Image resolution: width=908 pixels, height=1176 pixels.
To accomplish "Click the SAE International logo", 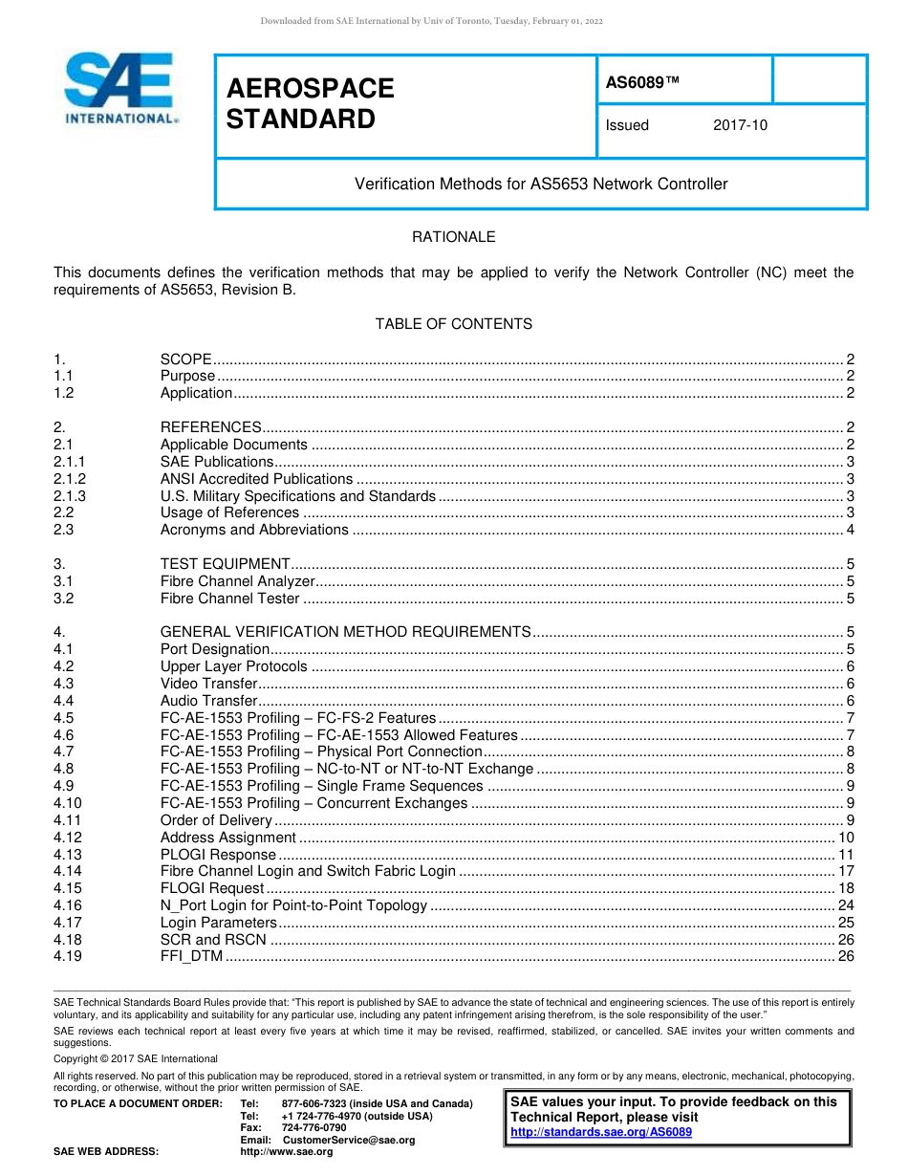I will tap(119, 88).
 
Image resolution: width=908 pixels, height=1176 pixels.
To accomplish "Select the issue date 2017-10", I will tap(740, 125).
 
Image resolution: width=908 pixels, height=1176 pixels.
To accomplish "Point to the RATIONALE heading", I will tap(453, 237).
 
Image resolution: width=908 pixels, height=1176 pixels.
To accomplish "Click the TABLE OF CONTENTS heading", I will tap(453, 324).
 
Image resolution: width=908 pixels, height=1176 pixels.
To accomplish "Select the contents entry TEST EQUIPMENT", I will tap(225, 564).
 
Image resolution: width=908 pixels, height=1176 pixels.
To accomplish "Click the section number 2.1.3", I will tap(70, 495).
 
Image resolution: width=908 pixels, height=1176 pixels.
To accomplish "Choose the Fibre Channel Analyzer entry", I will tap(237, 581).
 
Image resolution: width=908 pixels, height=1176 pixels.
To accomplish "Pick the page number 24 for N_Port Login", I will tap(845, 905).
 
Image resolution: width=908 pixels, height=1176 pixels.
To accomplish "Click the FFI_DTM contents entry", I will tap(191, 956).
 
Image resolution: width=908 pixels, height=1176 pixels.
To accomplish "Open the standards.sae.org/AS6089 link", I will tap(601, 1132).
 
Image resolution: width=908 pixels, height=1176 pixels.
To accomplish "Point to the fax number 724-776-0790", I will tap(313, 1128).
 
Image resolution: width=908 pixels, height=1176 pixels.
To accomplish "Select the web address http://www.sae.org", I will tap(286, 1152).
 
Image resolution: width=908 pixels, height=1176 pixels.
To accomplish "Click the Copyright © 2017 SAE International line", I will tap(136, 1058).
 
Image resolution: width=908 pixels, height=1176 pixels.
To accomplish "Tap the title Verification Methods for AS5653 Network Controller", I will tap(541, 184).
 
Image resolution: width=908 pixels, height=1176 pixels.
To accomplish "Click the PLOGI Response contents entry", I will tap(218, 855).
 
